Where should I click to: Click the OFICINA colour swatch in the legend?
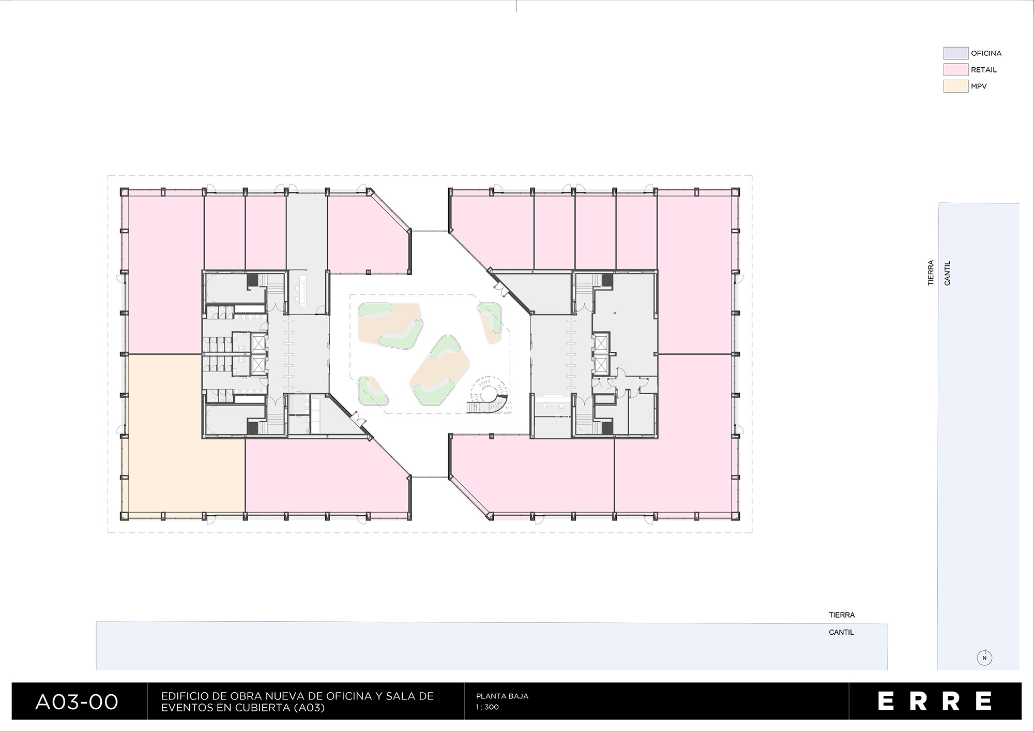point(955,53)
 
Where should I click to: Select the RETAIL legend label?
point(984,70)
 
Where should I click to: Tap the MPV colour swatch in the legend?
point(955,86)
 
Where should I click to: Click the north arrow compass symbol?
point(984,658)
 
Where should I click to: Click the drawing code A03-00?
point(77,702)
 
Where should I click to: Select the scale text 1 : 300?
point(488,707)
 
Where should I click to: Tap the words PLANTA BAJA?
point(502,696)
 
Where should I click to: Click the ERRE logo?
point(935,701)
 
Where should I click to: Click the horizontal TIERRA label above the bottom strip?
point(842,615)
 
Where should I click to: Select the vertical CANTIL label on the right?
point(947,273)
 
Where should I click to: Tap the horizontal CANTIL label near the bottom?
point(841,632)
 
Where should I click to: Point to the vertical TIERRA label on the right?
point(931,273)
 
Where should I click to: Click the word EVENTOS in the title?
point(183,708)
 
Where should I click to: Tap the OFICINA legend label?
point(986,53)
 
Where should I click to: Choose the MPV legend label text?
point(979,86)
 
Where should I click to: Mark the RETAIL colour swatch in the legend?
point(955,70)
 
